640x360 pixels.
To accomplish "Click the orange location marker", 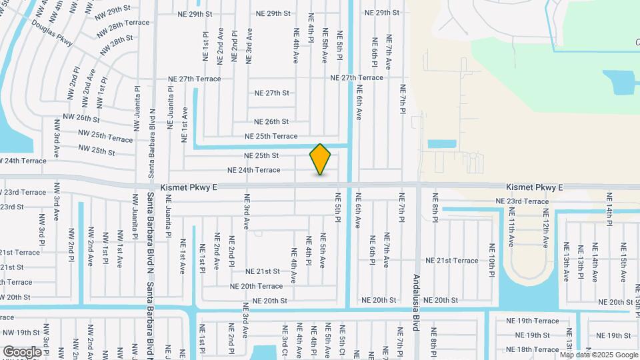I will pos(320,159).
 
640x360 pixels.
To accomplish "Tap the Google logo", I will pos(22,351).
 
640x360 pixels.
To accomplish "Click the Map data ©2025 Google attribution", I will pos(598,354).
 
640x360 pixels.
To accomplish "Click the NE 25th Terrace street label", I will pos(271,136).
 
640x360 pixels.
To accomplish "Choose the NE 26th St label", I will pos(271,122).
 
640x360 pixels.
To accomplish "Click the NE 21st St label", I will pos(262,271).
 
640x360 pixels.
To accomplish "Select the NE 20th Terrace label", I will pos(256,286).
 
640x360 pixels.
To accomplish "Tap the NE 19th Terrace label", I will pos(533,321).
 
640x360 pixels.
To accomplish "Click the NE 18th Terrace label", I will pos(533,349).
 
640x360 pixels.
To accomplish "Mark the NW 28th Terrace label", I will pos(123,27).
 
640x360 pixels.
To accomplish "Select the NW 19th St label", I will pos(21,333).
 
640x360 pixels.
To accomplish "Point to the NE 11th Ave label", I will pos(512,228).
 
